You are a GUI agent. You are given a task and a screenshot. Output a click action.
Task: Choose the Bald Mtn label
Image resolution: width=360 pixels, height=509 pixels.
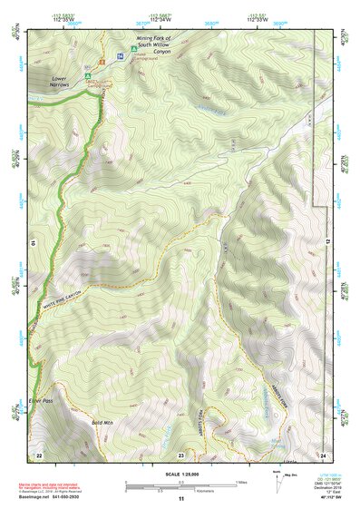102,422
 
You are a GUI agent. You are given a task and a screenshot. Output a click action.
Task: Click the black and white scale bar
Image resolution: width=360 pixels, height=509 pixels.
180,486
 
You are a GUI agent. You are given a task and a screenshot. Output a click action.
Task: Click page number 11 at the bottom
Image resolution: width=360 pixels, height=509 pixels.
180,499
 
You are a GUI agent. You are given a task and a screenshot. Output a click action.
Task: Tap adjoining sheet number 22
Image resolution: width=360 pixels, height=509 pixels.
39,454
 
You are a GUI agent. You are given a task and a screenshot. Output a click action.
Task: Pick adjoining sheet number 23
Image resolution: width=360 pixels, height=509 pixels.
180,454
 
